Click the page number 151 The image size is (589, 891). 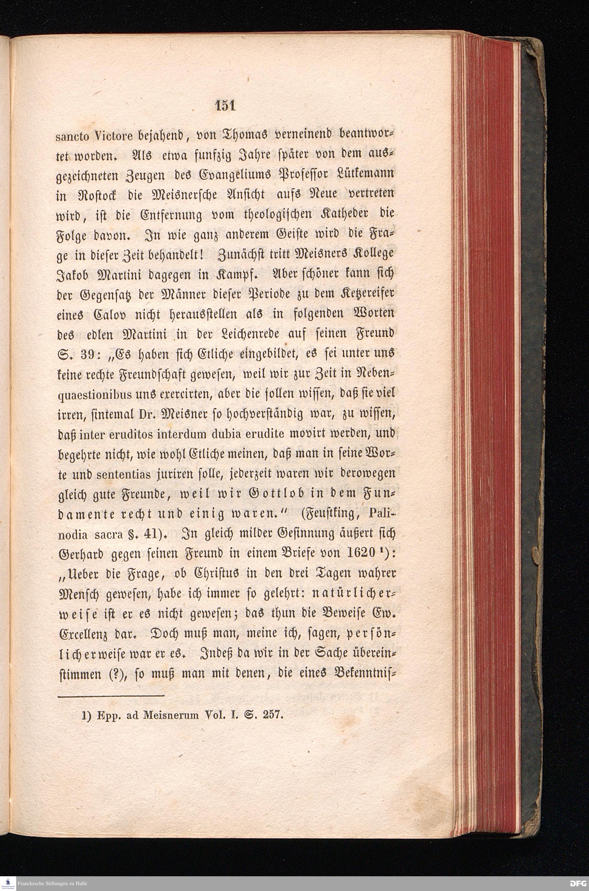click(x=225, y=106)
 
